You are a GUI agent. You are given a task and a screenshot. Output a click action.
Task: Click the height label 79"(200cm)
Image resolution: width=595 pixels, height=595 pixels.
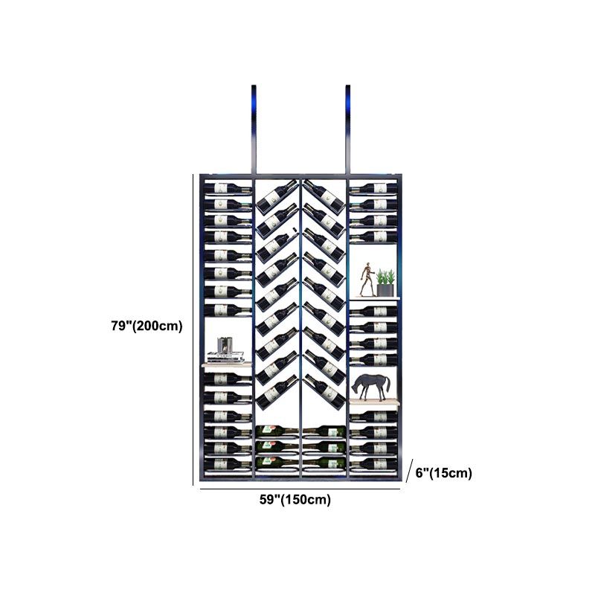pyautogui.click(x=147, y=326)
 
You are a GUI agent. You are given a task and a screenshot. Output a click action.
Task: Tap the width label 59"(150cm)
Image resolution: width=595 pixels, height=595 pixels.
pyautogui.click(x=295, y=499)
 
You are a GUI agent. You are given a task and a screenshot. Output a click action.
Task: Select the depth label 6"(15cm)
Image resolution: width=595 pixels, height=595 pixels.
pyautogui.click(x=443, y=473)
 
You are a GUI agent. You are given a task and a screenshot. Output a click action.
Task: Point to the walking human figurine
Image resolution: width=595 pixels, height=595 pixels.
pyautogui.click(x=367, y=279)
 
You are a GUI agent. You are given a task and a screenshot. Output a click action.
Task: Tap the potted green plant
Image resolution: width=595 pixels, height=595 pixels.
pyautogui.click(x=385, y=283)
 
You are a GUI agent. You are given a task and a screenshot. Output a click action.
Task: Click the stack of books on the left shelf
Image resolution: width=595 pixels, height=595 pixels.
pyautogui.click(x=225, y=357)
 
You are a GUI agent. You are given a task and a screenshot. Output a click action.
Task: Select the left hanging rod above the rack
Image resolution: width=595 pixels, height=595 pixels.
pyautogui.click(x=254, y=129)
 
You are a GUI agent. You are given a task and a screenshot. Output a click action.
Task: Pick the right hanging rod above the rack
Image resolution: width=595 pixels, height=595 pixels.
pyautogui.click(x=347, y=129)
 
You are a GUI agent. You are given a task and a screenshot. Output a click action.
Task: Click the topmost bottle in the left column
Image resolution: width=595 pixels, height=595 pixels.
pyautogui.click(x=228, y=188)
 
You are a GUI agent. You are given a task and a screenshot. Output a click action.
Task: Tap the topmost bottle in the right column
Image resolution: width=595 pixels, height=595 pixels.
pyautogui.click(x=373, y=188)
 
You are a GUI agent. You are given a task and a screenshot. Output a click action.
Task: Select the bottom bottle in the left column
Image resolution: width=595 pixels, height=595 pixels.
pyautogui.click(x=228, y=463)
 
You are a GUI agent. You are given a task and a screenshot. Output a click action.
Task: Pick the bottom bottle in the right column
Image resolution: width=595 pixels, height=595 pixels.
pyautogui.click(x=373, y=463)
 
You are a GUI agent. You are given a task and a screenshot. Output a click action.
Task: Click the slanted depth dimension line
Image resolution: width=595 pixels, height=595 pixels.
pyautogui.click(x=410, y=471)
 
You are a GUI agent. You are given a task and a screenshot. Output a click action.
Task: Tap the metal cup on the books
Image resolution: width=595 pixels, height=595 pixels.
pyautogui.click(x=225, y=344)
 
